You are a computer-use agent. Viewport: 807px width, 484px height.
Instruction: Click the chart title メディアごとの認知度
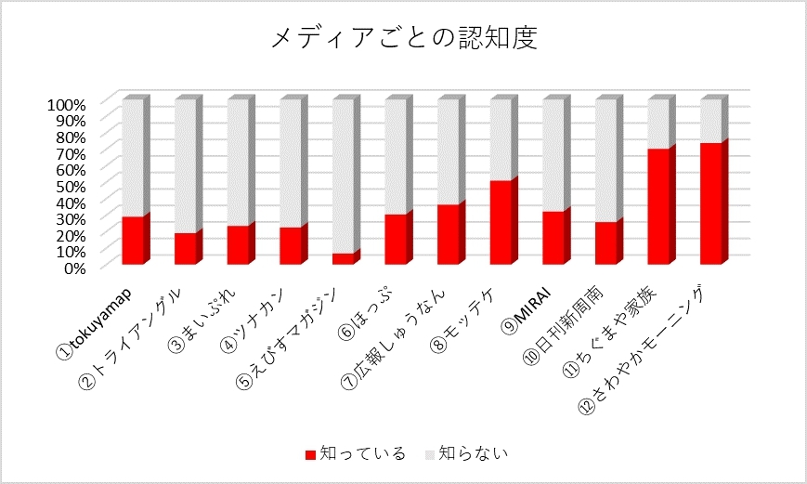pos(404,38)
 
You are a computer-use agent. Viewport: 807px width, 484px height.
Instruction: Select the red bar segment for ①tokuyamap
pos(133,241)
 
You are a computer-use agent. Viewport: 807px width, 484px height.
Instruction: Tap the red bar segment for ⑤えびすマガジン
pos(343,258)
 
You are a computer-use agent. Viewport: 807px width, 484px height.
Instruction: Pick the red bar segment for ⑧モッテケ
pos(501,222)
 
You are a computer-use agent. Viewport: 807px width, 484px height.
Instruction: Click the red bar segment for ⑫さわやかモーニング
pos(711,203)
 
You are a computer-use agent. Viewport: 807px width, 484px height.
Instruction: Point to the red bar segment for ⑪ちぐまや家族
pos(658,206)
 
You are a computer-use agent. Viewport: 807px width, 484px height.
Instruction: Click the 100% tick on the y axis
pos(65,104)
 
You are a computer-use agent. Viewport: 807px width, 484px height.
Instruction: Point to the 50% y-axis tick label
pos(69,186)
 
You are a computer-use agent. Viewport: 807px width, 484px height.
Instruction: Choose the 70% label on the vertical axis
pos(69,153)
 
